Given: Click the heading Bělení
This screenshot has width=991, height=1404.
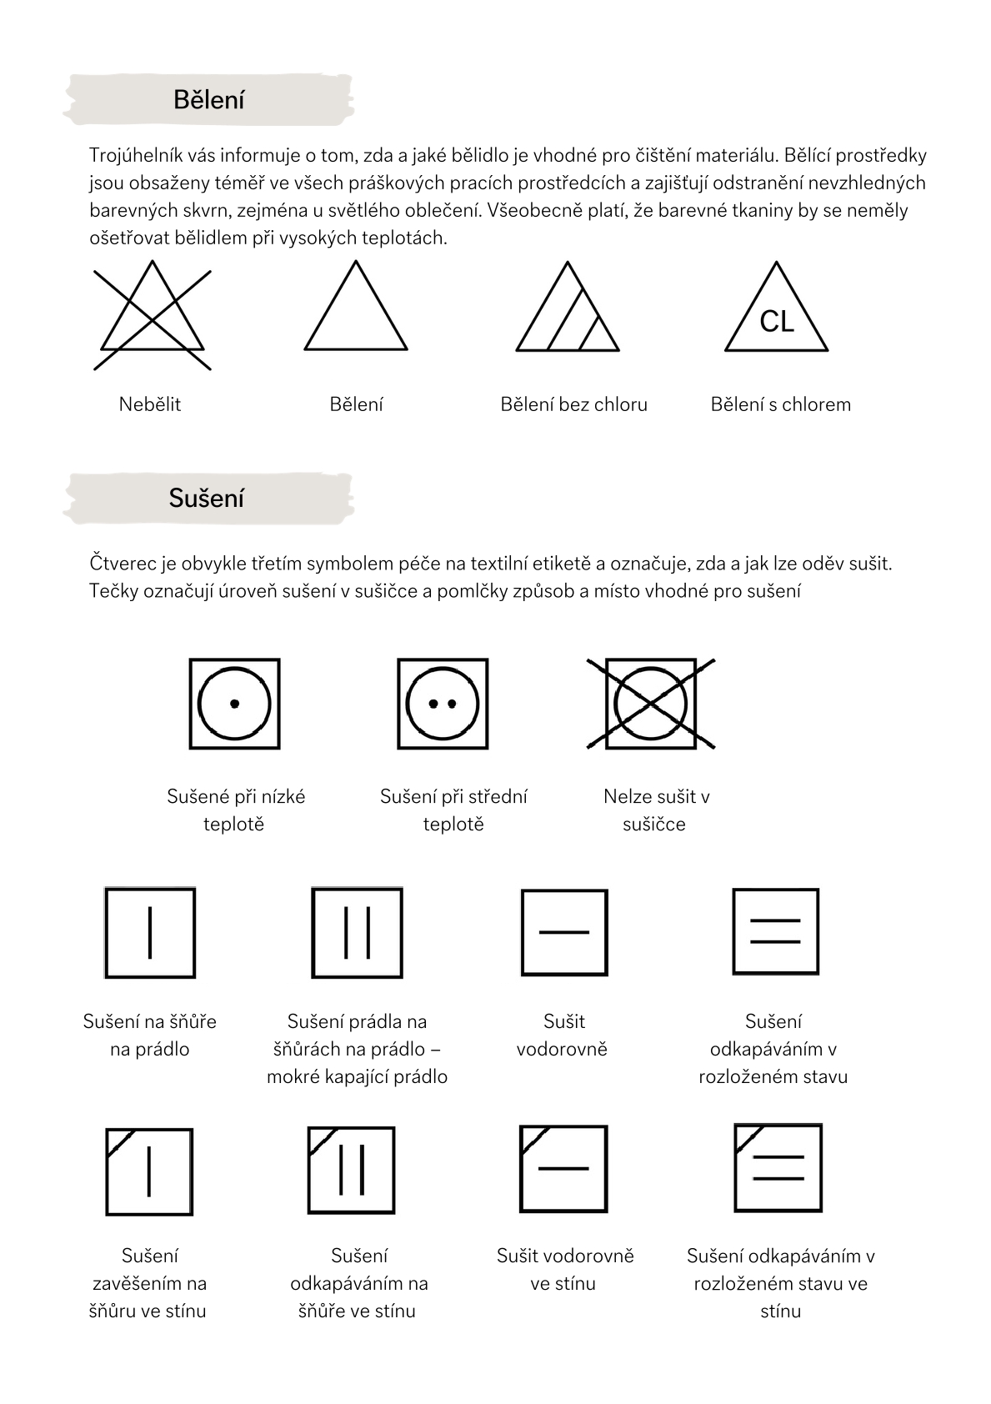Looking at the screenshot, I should pyautogui.click(x=208, y=100).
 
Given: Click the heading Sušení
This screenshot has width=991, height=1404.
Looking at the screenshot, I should pyautogui.click(x=206, y=498).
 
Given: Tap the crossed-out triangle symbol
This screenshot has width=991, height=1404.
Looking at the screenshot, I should pyautogui.click(x=152, y=315).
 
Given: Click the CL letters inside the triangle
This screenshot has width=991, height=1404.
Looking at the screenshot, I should pyautogui.click(x=777, y=322).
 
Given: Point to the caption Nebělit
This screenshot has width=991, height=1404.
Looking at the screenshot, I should pyautogui.click(x=150, y=404).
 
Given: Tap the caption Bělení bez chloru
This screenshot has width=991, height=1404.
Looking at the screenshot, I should pyautogui.click(x=573, y=404).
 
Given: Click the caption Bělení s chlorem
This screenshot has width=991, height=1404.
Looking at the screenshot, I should pyautogui.click(x=781, y=404).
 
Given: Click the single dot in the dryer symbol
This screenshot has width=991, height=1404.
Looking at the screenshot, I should pyautogui.click(x=235, y=705).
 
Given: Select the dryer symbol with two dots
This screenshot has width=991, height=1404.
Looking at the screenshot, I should pyautogui.click(x=443, y=704).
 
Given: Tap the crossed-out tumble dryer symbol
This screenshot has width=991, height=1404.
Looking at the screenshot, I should pyautogui.click(x=651, y=704).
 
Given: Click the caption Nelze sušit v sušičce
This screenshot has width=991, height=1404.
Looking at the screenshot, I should pyautogui.click(x=656, y=810).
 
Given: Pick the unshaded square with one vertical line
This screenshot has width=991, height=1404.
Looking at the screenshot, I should pyautogui.click(x=150, y=932).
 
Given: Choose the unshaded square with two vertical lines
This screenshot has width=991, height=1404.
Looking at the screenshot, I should pyautogui.click(x=358, y=932).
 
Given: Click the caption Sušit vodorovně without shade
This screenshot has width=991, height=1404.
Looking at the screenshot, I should pyautogui.click(x=563, y=1035).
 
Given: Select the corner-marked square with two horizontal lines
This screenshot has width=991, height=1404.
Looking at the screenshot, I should pyautogui.click(x=778, y=1167).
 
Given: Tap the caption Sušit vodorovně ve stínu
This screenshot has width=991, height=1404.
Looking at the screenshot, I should pyautogui.click(x=565, y=1269).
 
